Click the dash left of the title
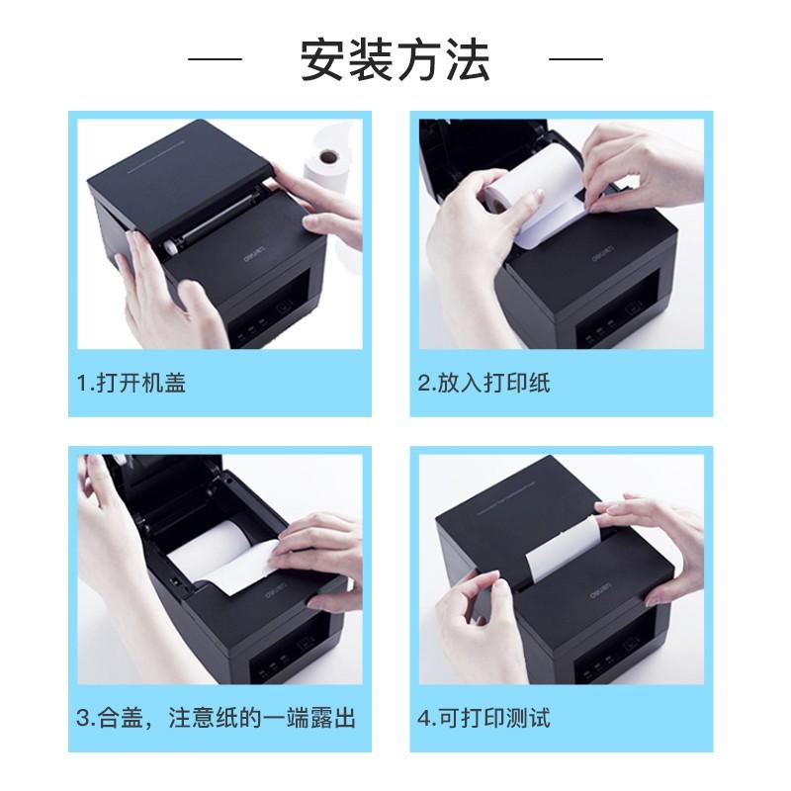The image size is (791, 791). point(215,59)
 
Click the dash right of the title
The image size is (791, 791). point(575,59)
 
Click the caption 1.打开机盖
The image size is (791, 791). point(131,382)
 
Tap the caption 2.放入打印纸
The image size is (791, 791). point(483,382)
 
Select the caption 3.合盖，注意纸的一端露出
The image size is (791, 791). point(216,717)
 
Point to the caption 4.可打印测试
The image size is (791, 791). point(483,717)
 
